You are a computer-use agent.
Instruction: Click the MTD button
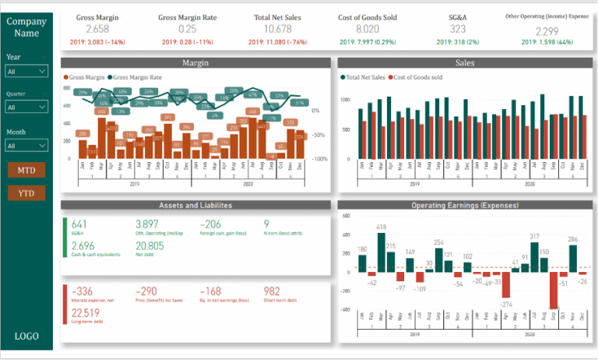pyautogui.click(x=26, y=169)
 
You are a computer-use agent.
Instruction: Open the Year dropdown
pyautogui.click(x=26, y=71)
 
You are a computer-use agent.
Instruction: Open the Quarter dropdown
pyautogui.click(x=26, y=108)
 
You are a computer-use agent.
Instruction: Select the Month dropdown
pyautogui.click(x=26, y=145)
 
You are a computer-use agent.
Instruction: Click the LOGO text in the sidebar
pyautogui.click(x=26, y=336)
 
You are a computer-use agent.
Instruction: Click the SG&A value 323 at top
pyautogui.click(x=459, y=29)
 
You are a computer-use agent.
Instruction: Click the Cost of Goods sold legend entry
pyautogui.click(x=420, y=78)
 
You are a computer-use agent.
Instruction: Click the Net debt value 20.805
pyautogui.click(x=149, y=245)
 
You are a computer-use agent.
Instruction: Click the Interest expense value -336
pyautogui.click(x=83, y=291)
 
